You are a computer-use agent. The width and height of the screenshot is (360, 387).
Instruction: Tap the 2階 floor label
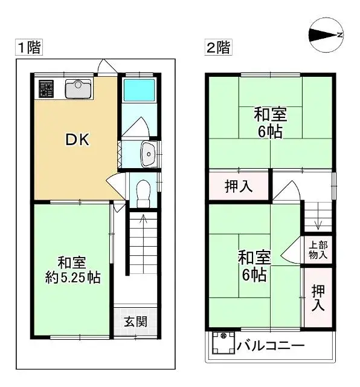[219, 48]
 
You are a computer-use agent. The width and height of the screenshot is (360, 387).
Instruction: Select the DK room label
[77, 140]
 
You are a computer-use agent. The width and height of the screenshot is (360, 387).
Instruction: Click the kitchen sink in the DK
[77, 90]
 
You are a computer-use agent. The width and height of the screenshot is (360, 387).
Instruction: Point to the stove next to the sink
[47, 90]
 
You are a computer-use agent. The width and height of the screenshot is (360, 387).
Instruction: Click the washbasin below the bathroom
[148, 155]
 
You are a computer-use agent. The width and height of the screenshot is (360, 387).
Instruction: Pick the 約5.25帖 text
[72, 278]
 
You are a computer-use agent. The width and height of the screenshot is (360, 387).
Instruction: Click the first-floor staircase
[143, 248]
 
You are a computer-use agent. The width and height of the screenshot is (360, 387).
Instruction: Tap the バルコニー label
[271, 346]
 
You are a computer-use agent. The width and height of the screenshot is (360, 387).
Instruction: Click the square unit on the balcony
[223, 346]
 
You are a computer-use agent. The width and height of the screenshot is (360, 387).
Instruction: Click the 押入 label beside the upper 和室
[239, 187]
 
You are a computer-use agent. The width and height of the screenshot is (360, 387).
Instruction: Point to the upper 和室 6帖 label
[269, 122]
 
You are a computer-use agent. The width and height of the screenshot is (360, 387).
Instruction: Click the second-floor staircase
[317, 218]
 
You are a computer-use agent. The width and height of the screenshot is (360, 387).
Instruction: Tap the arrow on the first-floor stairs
[143, 220]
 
